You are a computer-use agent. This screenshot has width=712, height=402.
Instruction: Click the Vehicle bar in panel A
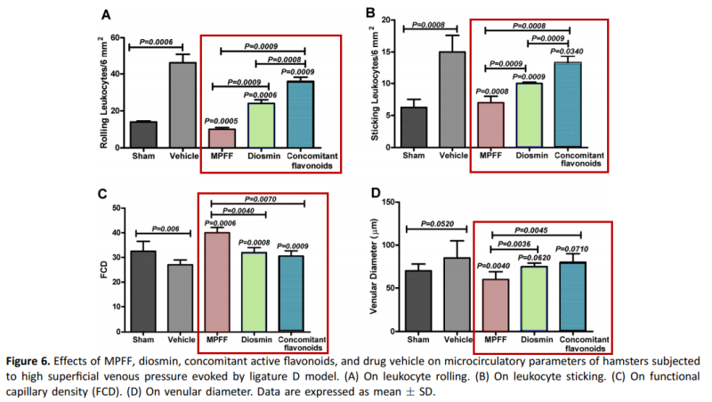[182, 104]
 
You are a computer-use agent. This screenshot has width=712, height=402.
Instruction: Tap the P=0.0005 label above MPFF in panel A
[223, 121]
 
